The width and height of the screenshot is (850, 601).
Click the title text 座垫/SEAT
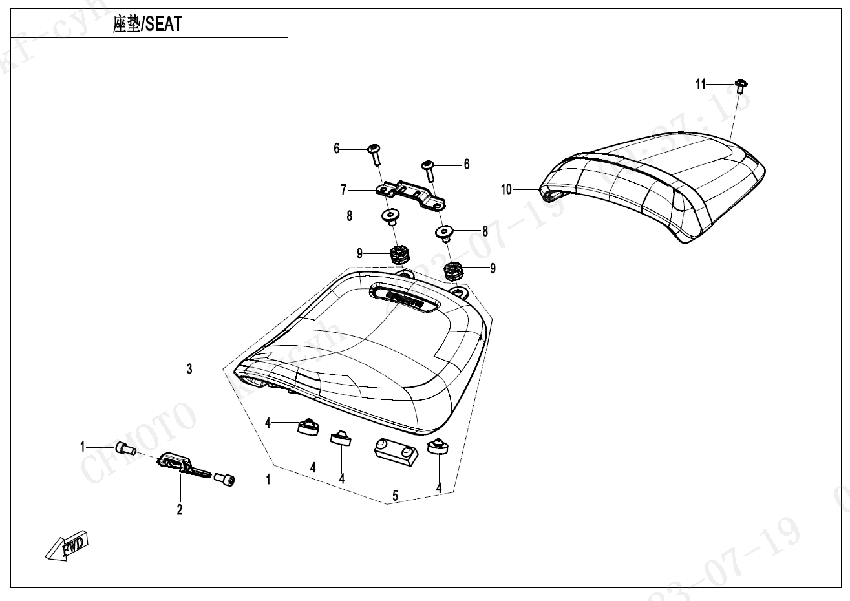point(147,25)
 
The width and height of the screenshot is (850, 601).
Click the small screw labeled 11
point(741,83)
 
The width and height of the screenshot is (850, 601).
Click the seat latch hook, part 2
point(184,465)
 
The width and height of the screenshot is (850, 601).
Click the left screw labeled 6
point(375,154)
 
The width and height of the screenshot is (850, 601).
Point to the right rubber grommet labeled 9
point(454,270)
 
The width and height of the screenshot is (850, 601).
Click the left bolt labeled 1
point(124,448)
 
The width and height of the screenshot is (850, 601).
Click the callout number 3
point(189,369)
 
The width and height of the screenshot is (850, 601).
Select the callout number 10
point(506,189)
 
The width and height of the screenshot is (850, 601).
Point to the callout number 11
point(701,84)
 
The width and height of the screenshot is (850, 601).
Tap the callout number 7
point(344,190)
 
